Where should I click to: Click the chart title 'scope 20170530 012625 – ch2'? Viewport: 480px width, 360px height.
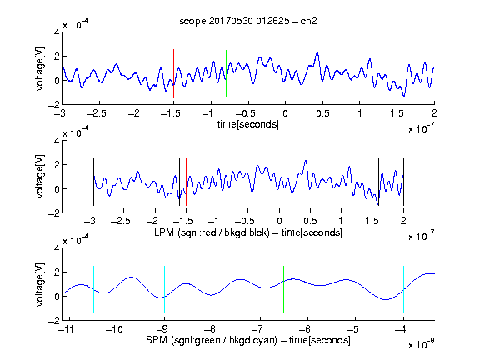coord(248,21)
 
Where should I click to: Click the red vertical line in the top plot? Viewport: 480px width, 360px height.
coord(173,73)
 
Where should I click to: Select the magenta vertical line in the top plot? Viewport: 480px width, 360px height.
coord(397,73)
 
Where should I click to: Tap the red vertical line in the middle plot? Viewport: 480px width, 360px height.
coord(186,182)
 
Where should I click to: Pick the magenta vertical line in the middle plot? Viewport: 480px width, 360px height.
coord(372,182)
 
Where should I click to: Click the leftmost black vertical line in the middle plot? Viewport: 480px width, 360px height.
coord(93,182)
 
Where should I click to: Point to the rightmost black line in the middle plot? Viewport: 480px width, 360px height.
coord(404,182)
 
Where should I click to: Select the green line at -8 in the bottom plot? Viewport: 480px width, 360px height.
coord(212,290)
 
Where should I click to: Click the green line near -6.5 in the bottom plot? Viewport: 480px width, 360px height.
coord(284,290)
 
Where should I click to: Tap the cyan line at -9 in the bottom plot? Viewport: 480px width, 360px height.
coord(165,290)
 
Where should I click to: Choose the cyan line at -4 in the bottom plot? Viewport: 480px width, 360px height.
coord(404,290)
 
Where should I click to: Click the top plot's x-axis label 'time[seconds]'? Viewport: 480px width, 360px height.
coord(248,125)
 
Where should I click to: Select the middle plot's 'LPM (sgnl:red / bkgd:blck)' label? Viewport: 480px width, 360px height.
coord(212,232)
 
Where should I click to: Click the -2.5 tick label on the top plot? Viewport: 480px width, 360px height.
coord(97,113)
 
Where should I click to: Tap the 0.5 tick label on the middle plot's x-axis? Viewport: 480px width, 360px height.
coord(310,221)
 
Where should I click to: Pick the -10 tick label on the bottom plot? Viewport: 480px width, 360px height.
coord(114,329)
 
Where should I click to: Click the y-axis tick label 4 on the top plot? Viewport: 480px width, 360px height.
coord(57,32)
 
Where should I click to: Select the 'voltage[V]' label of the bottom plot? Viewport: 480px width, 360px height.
coord(40,284)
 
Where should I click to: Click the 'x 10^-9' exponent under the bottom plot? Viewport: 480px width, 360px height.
coord(421,344)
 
